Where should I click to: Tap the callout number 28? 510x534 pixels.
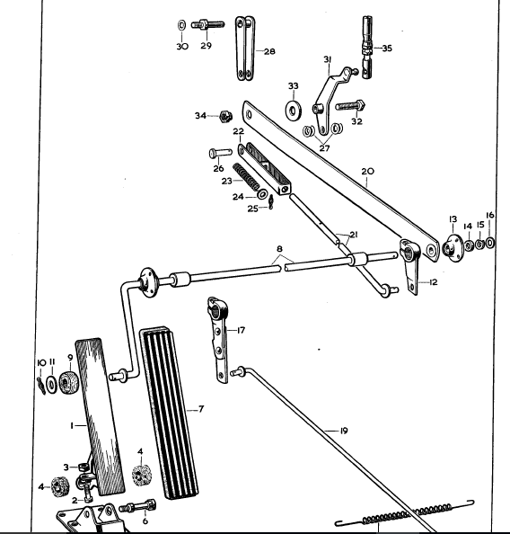(x=269, y=51)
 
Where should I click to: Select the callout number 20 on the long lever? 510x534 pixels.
(x=367, y=171)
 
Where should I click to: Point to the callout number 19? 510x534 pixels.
(x=344, y=431)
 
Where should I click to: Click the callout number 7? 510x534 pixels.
(x=201, y=409)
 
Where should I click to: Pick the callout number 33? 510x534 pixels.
(x=293, y=85)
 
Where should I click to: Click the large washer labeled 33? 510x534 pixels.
(x=294, y=110)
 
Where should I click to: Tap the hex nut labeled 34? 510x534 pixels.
(x=227, y=116)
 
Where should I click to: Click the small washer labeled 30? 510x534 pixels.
(x=182, y=24)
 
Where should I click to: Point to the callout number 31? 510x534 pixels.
(x=328, y=60)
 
